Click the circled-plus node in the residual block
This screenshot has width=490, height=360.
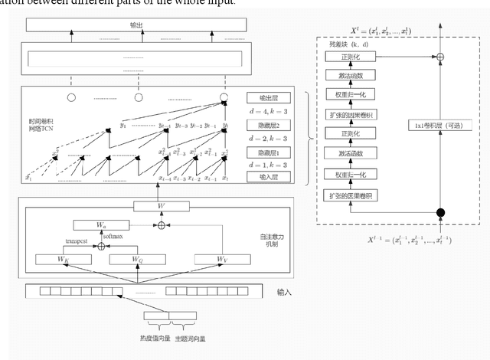pos(439,57)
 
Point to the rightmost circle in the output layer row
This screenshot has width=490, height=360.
pos(224,97)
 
